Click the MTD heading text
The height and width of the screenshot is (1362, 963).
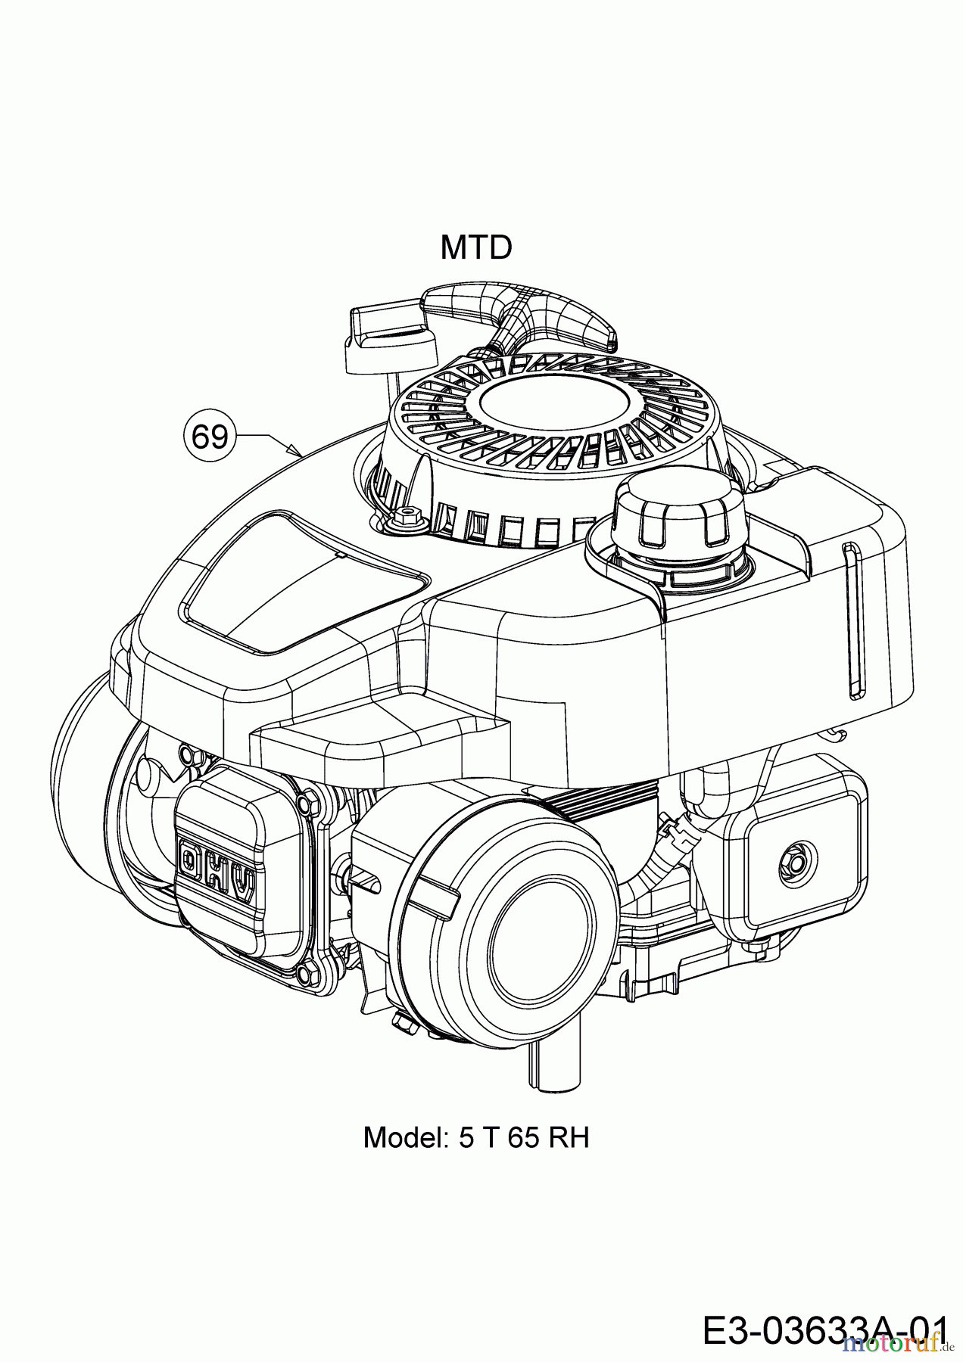point(476,247)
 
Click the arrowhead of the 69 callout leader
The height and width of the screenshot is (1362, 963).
point(297,452)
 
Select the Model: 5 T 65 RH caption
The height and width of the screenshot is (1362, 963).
point(475,1137)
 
